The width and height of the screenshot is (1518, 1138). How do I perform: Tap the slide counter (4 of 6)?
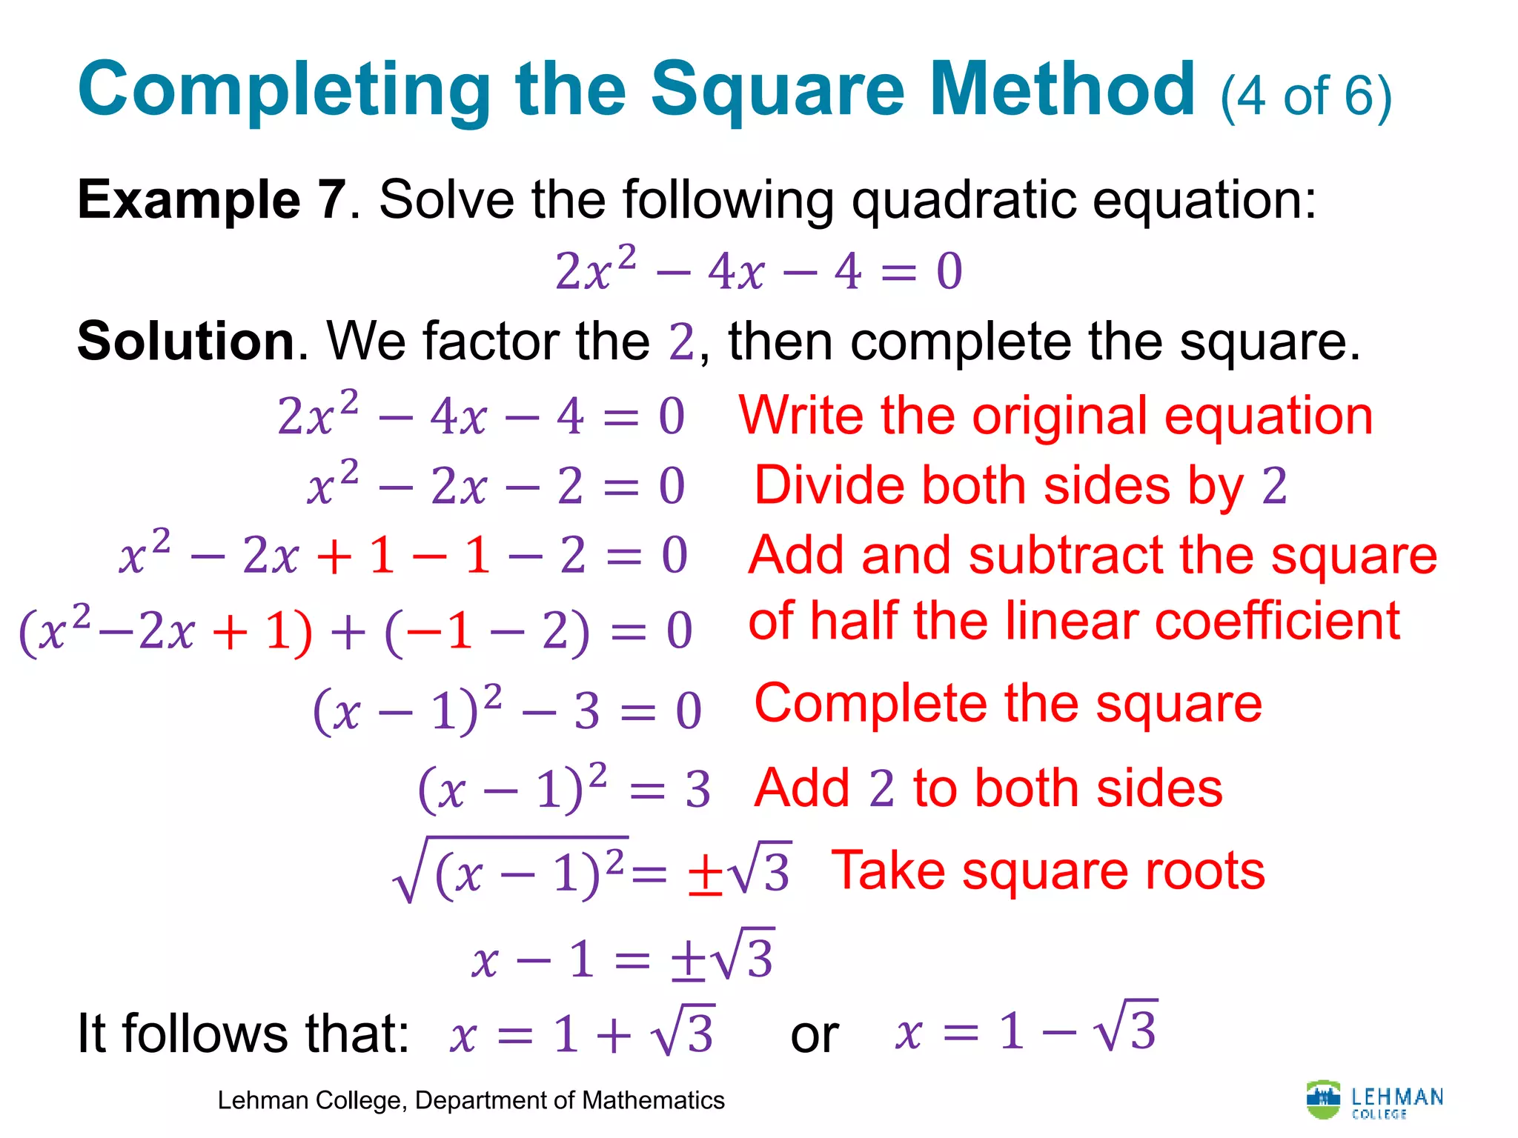1306,97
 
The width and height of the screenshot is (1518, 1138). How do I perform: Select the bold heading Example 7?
211,200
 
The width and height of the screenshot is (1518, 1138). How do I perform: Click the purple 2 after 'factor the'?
681,342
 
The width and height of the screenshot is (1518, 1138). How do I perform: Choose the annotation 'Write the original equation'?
1055,416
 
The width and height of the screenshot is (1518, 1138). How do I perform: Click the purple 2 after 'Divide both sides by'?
1274,486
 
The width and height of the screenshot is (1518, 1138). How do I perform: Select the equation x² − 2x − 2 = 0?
496,486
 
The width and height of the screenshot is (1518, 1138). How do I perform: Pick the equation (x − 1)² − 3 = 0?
507,711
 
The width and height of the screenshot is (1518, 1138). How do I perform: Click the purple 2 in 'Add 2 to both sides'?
881,788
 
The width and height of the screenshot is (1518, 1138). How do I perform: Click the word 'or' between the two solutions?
815,1034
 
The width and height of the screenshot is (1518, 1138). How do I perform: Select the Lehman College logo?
1374,1099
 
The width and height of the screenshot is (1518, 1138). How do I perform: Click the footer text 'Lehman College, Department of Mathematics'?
471,1101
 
